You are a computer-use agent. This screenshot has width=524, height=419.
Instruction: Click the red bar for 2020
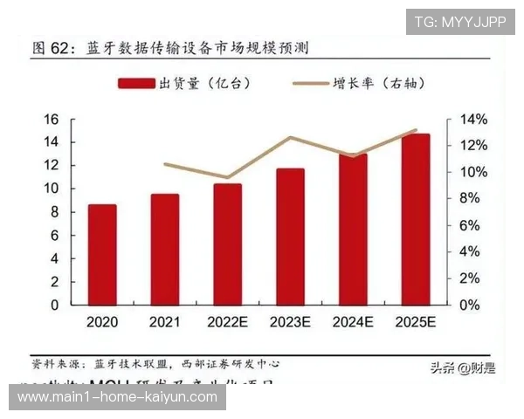(101, 254)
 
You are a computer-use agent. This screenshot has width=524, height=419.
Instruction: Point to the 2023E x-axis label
(290, 321)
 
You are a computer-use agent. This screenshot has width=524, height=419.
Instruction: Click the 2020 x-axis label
(101, 321)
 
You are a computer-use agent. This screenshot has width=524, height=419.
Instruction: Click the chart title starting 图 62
(169, 46)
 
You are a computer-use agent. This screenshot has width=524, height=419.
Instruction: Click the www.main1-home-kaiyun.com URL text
(118, 397)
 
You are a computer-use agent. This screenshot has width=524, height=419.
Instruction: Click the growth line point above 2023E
(290, 137)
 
